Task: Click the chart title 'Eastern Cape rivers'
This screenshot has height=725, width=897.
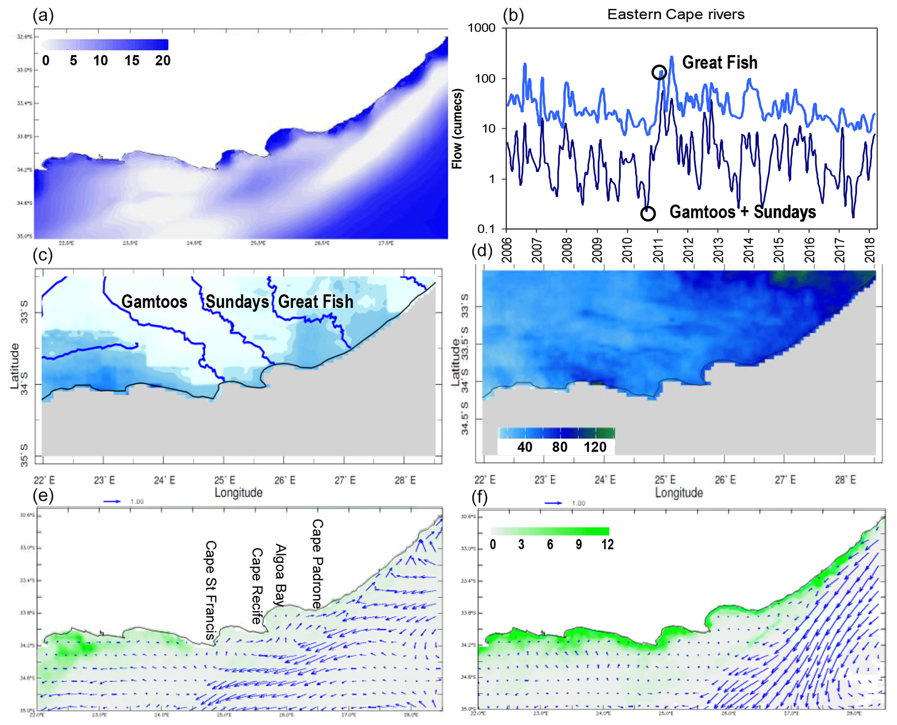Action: tap(675, 14)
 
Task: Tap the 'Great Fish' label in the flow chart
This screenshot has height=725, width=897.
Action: tap(720, 62)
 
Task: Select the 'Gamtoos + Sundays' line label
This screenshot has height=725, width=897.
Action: tap(743, 212)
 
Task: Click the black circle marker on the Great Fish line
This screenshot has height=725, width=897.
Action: tap(659, 72)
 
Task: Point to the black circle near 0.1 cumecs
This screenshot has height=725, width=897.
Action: tap(648, 213)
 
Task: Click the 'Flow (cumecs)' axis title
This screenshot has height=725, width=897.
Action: tap(457, 129)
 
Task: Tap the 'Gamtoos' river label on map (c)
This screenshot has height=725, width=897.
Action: tap(154, 302)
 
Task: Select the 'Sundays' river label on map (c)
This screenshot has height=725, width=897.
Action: tap(237, 302)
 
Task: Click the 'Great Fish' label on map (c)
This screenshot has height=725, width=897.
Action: tap(315, 302)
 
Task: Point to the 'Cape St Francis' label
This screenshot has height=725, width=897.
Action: tap(210, 590)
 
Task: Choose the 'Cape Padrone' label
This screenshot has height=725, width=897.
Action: tap(318, 564)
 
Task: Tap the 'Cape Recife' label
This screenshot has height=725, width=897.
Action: tap(257, 586)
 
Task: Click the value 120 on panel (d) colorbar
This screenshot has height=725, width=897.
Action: tap(595, 447)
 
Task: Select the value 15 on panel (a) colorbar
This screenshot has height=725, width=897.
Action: tap(132, 61)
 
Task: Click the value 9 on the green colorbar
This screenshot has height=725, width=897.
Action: tap(578, 545)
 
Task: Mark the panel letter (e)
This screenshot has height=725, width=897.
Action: tap(43, 496)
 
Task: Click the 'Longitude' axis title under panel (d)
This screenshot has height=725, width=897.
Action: tap(679, 493)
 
